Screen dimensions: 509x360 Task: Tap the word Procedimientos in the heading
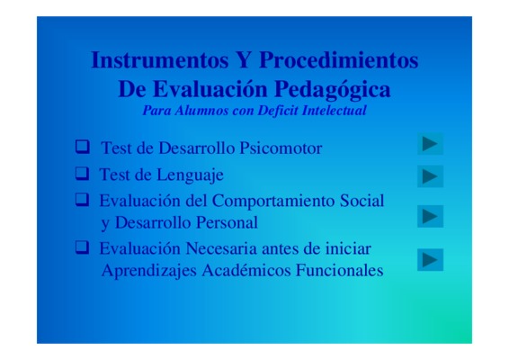(x=338, y=60)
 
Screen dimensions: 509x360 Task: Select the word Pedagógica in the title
(x=332, y=90)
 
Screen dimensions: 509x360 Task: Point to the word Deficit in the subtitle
(x=278, y=111)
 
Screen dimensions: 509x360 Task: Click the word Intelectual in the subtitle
(x=334, y=111)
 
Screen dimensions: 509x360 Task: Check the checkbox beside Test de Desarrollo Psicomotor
(x=83, y=147)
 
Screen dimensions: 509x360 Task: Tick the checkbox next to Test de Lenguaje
(x=82, y=173)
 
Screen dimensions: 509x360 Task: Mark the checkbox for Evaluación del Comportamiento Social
(x=82, y=200)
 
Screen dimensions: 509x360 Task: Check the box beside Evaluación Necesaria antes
(x=82, y=247)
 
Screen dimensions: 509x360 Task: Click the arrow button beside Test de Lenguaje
(x=430, y=176)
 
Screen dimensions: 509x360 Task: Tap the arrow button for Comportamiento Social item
(x=430, y=216)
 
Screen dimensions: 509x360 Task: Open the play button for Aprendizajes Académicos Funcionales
(x=430, y=259)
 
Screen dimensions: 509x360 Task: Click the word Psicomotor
(x=281, y=148)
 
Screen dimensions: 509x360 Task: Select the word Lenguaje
(x=191, y=175)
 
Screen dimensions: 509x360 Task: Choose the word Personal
(x=227, y=223)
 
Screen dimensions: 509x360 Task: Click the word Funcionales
(x=339, y=270)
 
